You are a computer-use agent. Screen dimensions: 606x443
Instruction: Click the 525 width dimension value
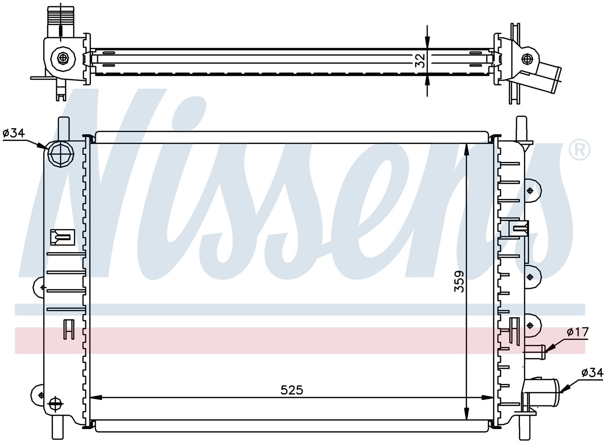[x=292, y=390]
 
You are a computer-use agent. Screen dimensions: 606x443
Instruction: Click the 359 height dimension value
[x=459, y=282]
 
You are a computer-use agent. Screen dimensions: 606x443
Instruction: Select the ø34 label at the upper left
[x=14, y=133]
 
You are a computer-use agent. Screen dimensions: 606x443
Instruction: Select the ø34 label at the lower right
[x=592, y=373]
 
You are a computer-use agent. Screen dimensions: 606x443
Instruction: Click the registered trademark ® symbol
[x=579, y=150]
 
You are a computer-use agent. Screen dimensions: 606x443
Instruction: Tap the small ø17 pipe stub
[x=535, y=352]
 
